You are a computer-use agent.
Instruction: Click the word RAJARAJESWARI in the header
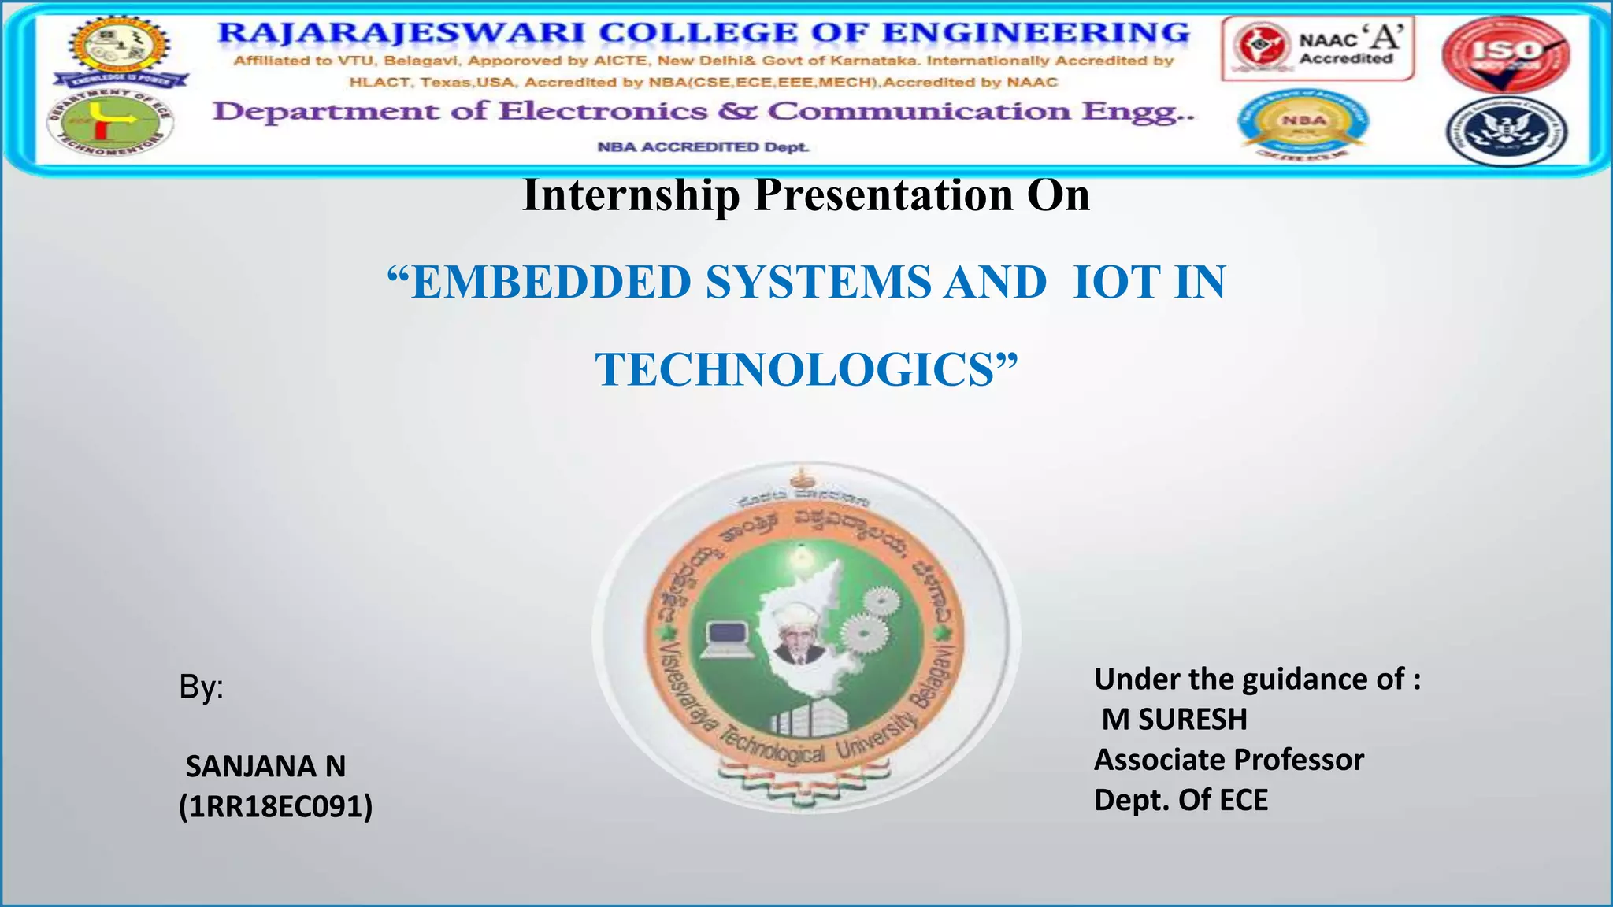(401, 33)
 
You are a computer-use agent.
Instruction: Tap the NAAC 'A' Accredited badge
(1318, 49)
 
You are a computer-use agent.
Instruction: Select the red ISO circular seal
(1505, 54)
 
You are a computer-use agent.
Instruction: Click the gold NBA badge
(1304, 123)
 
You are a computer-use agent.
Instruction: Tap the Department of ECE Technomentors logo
(110, 123)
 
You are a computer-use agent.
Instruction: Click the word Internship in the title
(631, 195)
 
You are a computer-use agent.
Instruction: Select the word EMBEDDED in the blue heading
(551, 283)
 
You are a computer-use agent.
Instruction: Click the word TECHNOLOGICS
(795, 370)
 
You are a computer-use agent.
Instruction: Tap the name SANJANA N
(265, 766)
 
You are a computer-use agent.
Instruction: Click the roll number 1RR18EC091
(276, 807)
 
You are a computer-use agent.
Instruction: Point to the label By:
(201, 687)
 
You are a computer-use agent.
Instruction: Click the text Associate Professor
(1229, 760)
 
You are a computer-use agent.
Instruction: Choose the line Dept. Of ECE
(1181, 800)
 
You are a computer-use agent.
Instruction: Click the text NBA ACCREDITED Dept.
(703, 147)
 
